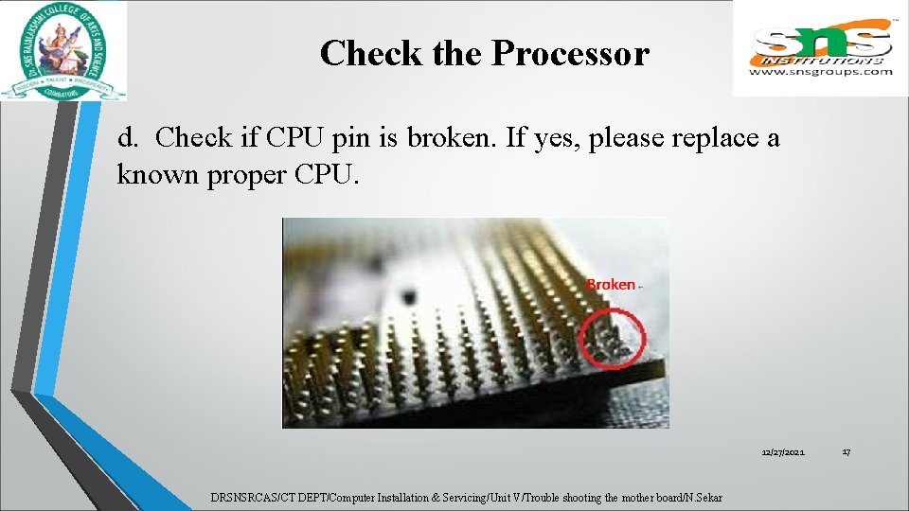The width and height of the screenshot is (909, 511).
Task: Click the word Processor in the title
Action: [x=570, y=54]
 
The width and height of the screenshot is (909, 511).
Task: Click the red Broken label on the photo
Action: [x=611, y=284]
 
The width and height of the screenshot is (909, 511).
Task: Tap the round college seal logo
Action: [x=64, y=49]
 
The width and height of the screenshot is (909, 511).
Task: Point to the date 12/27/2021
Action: [x=783, y=453]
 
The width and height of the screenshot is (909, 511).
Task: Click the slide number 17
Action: [x=846, y=453]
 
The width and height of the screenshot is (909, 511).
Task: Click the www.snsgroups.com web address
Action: [x=821, y=71]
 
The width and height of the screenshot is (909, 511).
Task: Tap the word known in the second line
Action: [x=151, y=176]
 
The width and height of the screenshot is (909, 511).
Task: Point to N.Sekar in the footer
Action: [x=703, y=498]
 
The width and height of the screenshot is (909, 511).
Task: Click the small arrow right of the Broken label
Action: [x=642, y=286]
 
